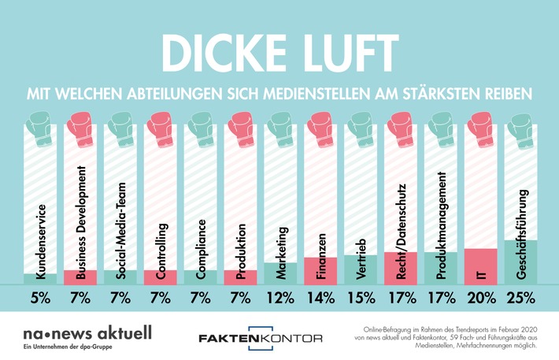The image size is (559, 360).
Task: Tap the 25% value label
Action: (x=520, y=299)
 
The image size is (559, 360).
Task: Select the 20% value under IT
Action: (x=480, y=299)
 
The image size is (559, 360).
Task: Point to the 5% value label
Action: (x=39, y=299)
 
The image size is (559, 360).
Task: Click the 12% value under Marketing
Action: (x=280, y=299)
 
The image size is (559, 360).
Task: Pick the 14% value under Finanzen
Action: (x=320, y=299)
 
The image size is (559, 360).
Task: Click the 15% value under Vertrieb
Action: (x=361, y=299)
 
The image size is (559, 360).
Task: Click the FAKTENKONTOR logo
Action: (x=261, y=337)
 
